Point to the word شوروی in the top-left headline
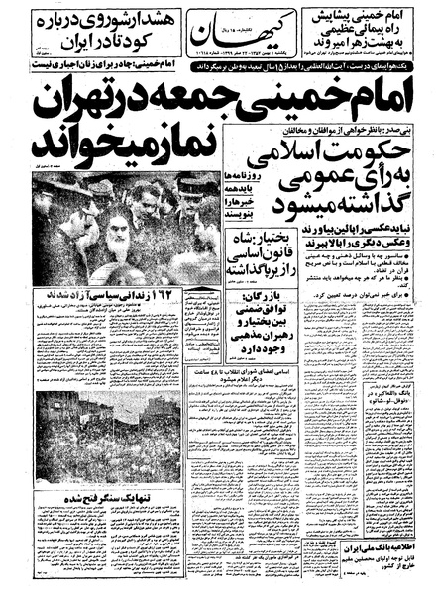pyautogui.click(x=99, y=19)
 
